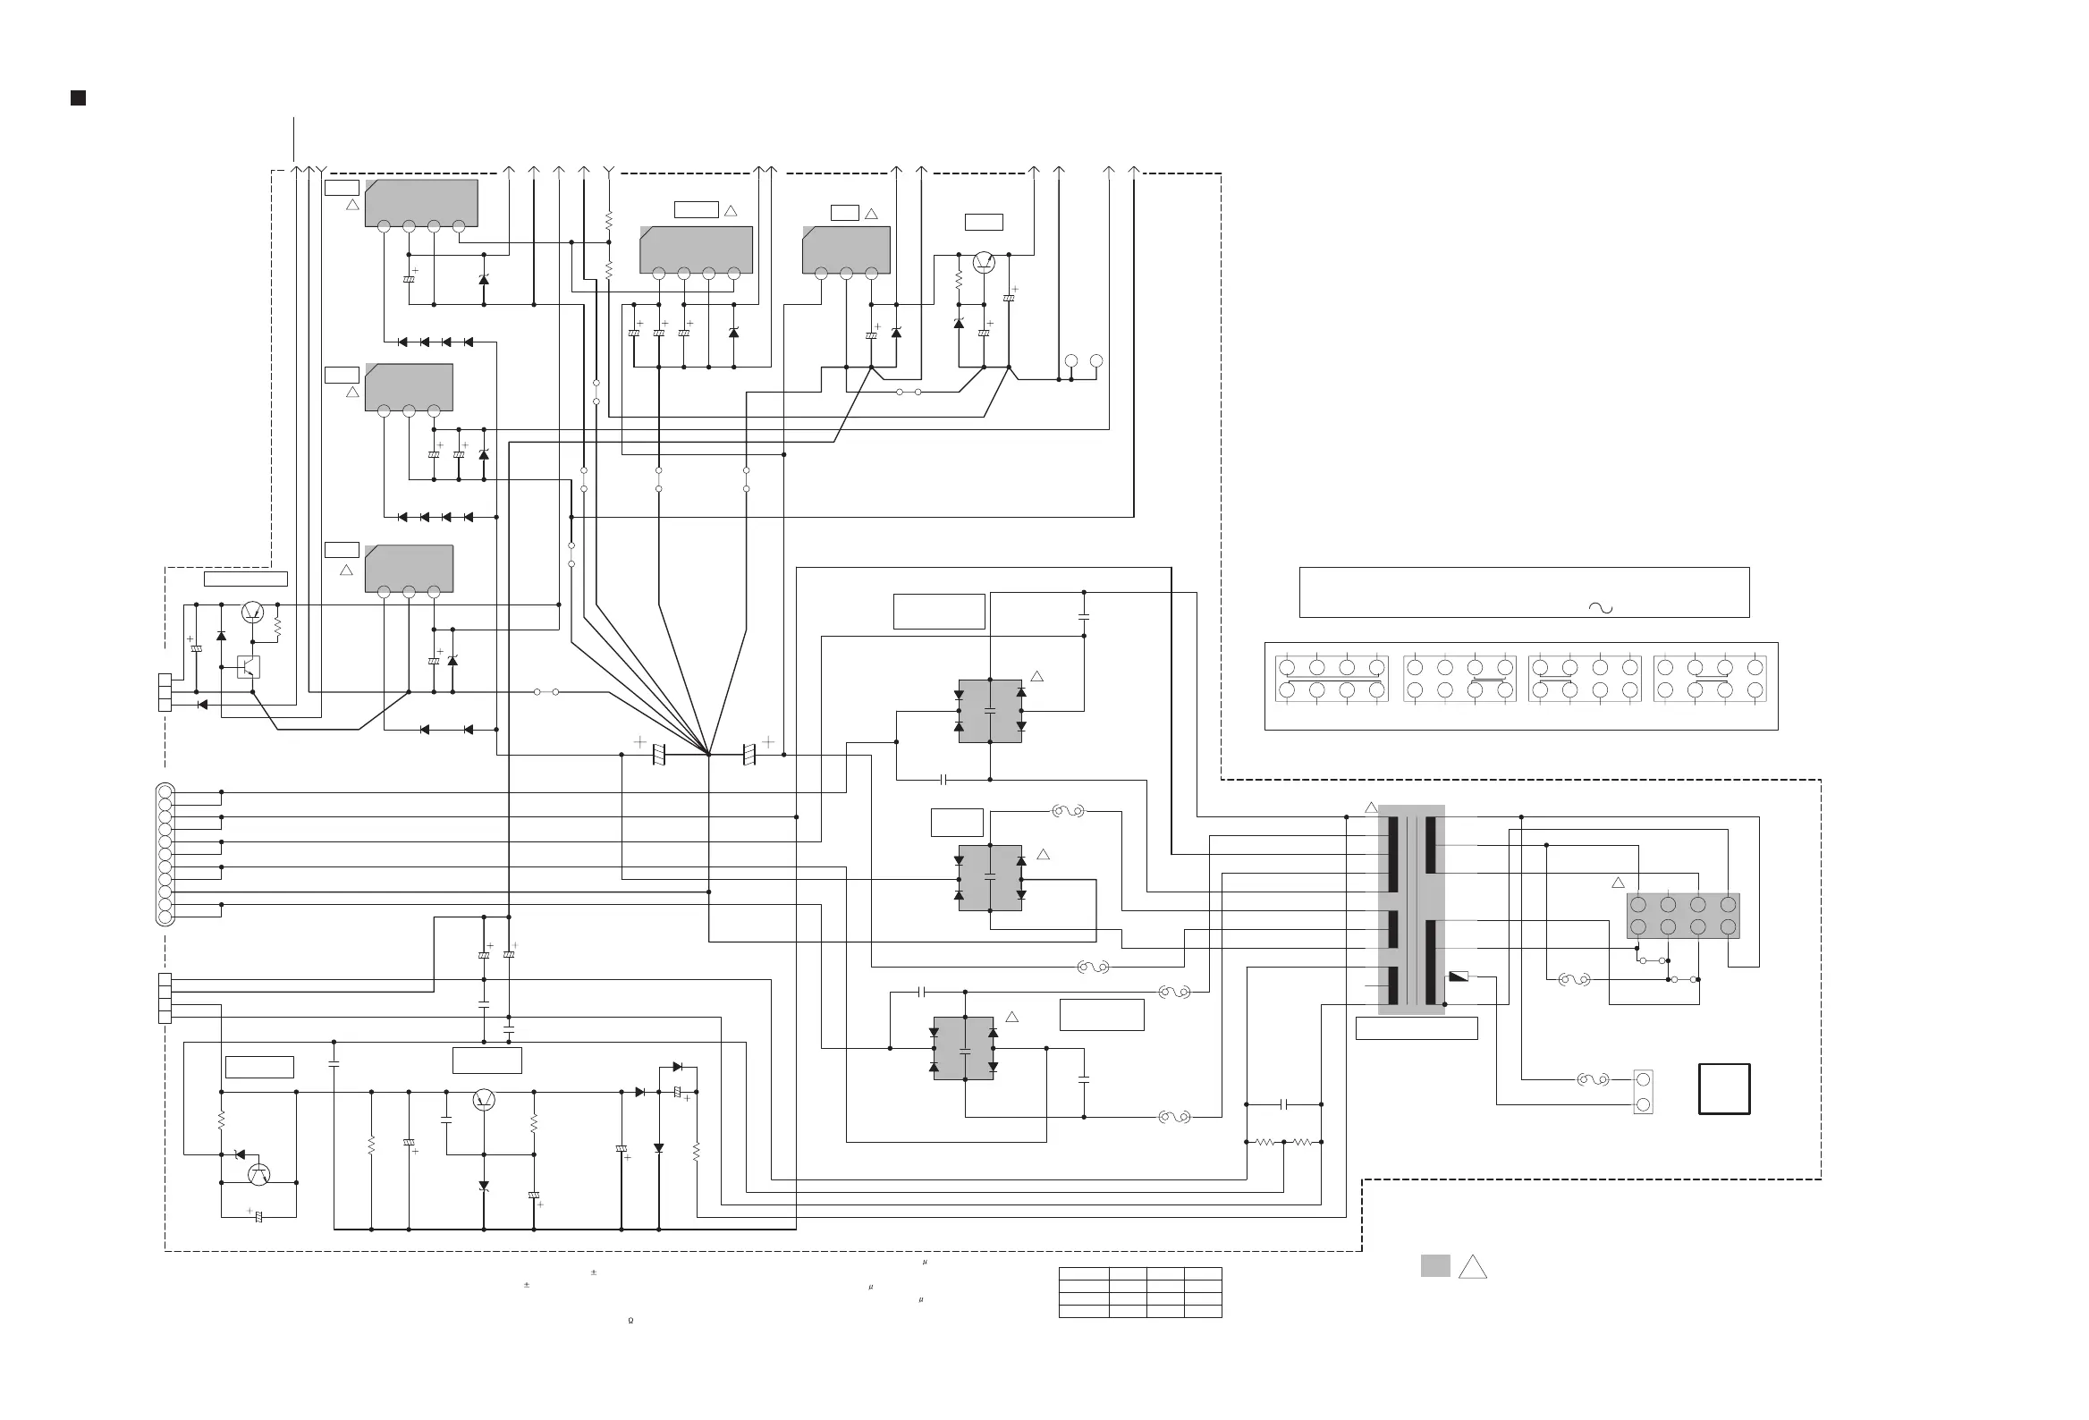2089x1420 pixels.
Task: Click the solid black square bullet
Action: [78, 98]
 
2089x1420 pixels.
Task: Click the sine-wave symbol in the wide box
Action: [1600, 607]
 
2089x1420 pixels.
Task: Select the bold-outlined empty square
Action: [1723, 1088]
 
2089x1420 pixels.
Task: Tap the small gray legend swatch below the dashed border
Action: [1434, 1265]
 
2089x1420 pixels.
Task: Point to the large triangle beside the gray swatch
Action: [1472, 1267]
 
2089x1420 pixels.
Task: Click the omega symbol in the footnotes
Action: [631, 1320]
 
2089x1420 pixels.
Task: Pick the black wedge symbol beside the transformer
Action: [1459, 976]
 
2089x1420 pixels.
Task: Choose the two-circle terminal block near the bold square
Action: [1643, 1092]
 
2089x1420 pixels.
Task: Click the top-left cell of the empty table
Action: [1083, 1273]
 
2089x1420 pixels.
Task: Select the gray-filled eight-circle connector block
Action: [1683, 916]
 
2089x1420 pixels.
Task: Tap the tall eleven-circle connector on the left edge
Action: [165, 854]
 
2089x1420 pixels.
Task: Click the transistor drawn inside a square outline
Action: [248, 667]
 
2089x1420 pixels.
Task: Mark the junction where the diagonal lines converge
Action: [709, 754]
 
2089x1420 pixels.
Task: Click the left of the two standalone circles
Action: [1070, 361]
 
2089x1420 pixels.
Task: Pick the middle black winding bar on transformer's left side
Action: [1393, 929]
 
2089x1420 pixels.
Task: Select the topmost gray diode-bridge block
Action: [990, 711]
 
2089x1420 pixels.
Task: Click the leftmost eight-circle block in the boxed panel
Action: [1332, 679]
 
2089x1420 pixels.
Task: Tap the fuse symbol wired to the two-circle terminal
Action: [1593, 1079]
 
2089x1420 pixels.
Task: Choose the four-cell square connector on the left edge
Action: [165, 998]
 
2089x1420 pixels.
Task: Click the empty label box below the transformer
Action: [1416, 1028]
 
